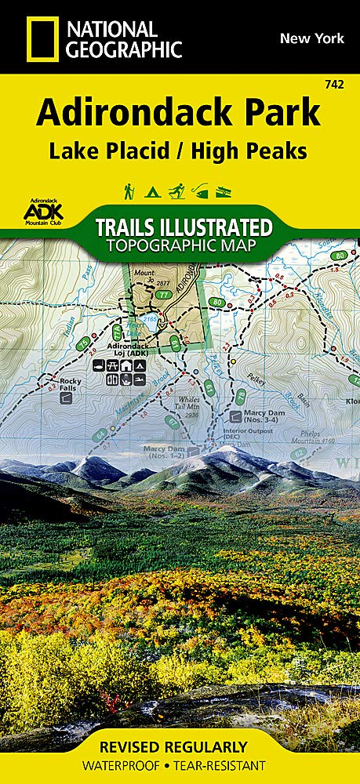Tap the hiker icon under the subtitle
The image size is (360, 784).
tap(128, 190)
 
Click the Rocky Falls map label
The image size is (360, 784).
tap(71, 385)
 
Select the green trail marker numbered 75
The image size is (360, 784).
tap(81, 344)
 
